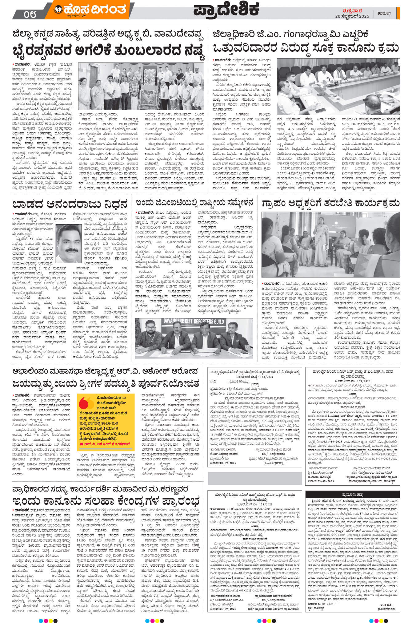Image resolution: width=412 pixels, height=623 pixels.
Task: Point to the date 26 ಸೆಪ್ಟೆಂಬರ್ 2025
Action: [x=352, y=16]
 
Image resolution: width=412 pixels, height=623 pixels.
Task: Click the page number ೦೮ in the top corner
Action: [x=30, y=14]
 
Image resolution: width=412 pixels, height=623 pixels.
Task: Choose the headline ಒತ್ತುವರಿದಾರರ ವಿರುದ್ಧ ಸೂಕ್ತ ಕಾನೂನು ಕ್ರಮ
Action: [x=306, y=48]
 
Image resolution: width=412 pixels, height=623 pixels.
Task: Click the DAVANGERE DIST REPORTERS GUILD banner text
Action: [x=194, y=322]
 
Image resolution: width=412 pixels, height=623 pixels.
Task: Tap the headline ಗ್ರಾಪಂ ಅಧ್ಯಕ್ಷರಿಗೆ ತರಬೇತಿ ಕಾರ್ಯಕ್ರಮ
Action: [x=330, y=203]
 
